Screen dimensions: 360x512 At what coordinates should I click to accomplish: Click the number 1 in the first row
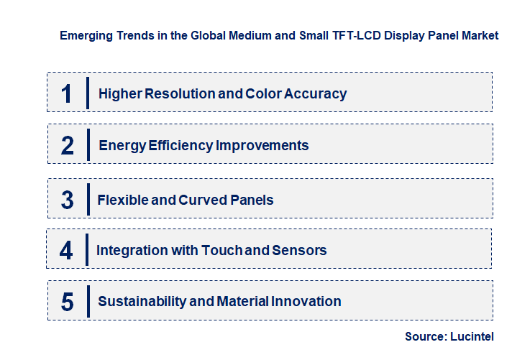pyautogui.click(x=67, y=93)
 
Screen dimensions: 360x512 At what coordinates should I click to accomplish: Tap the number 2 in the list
pyautogui.click(x=68, y=146)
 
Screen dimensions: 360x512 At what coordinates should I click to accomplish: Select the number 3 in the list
pyautogui.click(x=68, y=200)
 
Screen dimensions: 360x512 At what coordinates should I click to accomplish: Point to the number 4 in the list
pyautogui.click(x=67, y=251)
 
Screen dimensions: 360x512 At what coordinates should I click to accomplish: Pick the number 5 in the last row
pyautogui.click(x=68, y=302)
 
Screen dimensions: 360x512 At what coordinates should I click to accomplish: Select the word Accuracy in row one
pyautogui.click(x=314, y=93)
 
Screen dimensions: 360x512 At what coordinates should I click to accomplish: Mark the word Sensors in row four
pyautogui.click(x=301, y=251)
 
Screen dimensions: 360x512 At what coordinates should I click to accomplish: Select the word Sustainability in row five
pyautogui.click(x=142, y=302)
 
